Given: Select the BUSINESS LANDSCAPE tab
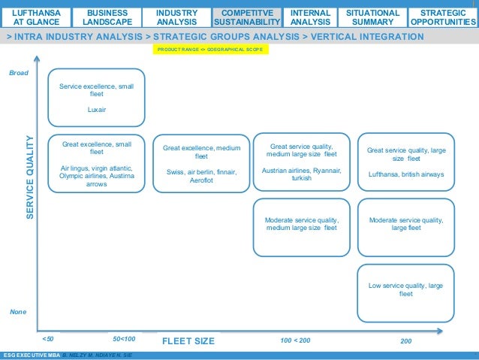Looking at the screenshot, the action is [x=107, y=17].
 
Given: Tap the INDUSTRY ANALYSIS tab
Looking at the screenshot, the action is [x=177, y=17].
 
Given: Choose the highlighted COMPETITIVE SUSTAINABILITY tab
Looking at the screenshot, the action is [x=248, y=17].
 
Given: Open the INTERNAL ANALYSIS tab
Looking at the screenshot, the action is [x=310, y=17].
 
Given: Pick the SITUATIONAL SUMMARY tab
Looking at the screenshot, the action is [x=372, y=17].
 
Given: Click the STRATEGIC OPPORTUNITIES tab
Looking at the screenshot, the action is [x=443, y=17].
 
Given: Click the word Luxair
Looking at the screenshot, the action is [x=96, y=110].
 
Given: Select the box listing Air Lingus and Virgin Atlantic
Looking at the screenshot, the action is [x=96, y=163].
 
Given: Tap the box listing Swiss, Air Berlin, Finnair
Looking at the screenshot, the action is [x=201, y=163].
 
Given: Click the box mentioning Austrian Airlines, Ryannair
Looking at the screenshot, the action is [x=301, y=162].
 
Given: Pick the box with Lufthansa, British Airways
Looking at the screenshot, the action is [x=406, y=162].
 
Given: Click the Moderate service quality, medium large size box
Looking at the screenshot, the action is [x=301, y=225].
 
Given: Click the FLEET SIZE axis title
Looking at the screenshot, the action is [x=188, y=341].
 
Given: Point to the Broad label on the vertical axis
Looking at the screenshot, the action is [x=17, y=74].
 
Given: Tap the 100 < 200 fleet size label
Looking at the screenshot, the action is [x=295, y=340].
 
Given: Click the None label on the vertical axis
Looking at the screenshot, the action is [x=17, y=311].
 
